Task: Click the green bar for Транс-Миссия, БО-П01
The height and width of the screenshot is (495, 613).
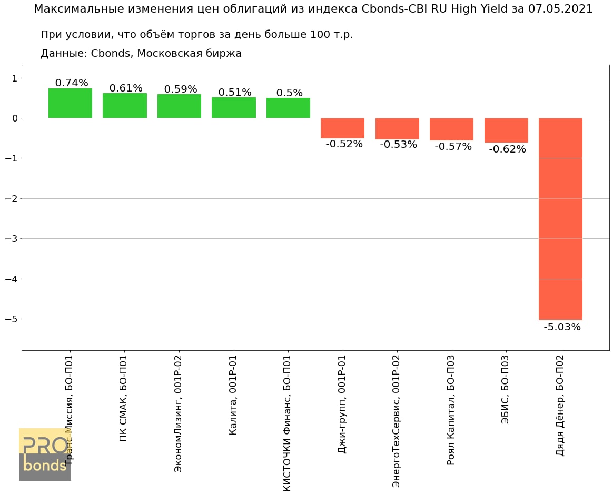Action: pos(70,103)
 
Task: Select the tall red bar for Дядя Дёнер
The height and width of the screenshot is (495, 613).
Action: pos(560,218)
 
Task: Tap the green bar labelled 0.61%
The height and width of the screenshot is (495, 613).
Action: pos(125,106)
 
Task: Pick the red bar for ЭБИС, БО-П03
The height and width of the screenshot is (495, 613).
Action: pos(506,130)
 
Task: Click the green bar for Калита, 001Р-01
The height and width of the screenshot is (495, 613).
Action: pos(234,108)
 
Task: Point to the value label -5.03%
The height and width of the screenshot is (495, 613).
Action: pos(562,327)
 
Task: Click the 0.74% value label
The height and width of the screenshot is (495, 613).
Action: pos(72,83)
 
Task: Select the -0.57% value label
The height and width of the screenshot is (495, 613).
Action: pos(453,147)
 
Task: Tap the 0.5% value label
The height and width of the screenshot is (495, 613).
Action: pos(290,93)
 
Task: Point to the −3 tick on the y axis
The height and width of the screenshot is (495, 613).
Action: pos(11,239)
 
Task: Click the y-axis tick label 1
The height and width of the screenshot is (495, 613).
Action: pos(14,78)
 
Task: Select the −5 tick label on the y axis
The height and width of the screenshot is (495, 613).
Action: pos(11,319)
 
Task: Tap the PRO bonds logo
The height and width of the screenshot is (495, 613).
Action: pos(45,454)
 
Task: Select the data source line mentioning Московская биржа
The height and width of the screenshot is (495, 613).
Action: pos(141,53)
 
